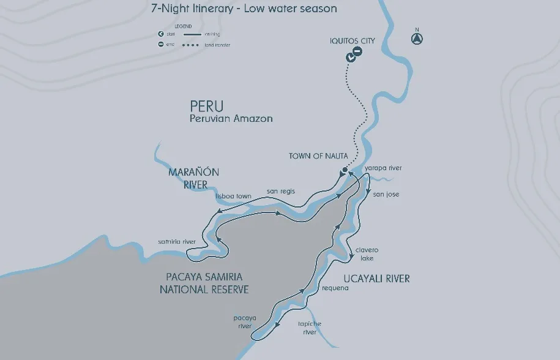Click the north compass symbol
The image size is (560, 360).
[x=417, y=39]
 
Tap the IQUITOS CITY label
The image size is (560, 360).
[x=352, y=41]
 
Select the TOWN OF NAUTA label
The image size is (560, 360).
[x=315, y=156]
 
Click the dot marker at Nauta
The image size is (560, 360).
[x=345, y=170]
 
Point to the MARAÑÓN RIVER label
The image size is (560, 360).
[x=193, y=178]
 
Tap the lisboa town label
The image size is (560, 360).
[x=233, y=196]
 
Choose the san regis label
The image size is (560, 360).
[x=281, y=191]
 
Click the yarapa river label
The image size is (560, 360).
[x=383, y=168]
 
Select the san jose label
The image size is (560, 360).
[x=386, y=194]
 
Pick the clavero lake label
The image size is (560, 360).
[x=367, y=254]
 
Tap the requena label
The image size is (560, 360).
[x=335, y=288]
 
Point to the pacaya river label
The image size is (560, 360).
[x=244, y=322]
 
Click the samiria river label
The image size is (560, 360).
[x=177, y=242]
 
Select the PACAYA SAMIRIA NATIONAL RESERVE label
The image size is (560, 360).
[x=204, y=283]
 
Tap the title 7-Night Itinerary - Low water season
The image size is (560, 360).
[x=244, y=9]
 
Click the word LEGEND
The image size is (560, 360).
[x=183, y=26]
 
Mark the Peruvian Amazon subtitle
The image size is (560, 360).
[x=231, y=118]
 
